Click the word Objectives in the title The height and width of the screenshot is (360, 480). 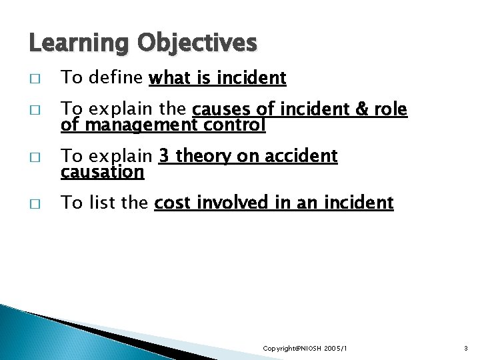tap(197, 43)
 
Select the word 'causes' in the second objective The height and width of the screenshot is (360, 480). tap(221, 110)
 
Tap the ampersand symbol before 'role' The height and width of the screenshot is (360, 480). tap(363, 110)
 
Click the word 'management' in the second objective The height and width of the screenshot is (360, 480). tap(140, 125)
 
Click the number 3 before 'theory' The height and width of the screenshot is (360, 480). tap(163, 157)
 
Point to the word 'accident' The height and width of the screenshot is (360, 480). tap(303, 157)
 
